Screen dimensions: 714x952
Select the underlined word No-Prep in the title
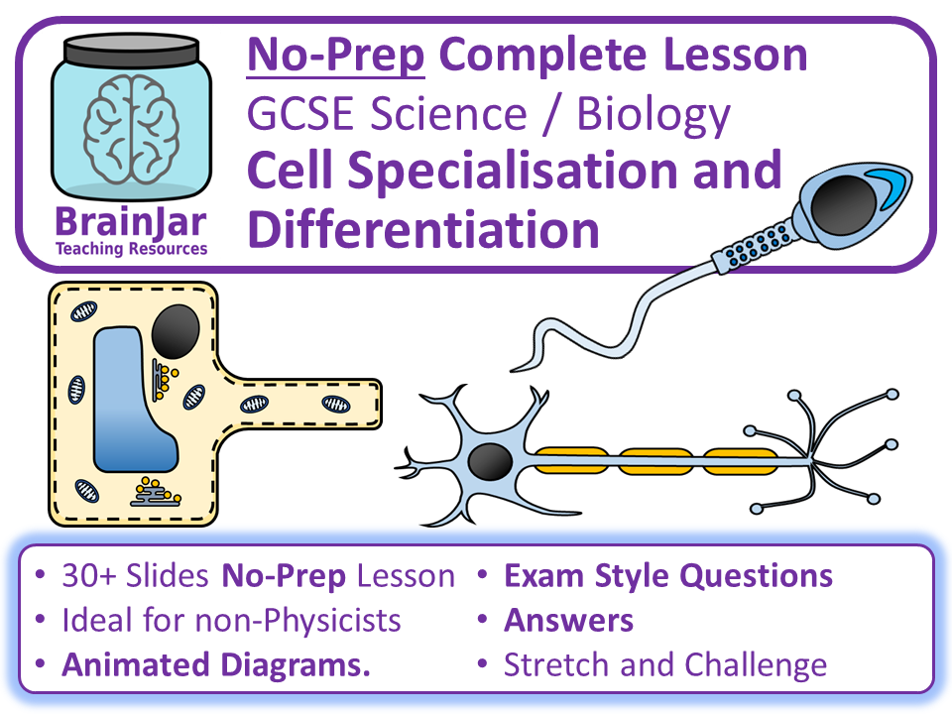coord(336,56)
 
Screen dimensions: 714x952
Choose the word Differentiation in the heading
coord(423,229)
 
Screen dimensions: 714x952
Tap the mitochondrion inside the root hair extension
coord(334,404)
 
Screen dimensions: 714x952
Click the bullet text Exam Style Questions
coord(667,575)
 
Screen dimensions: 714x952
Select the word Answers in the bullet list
coord(568,621)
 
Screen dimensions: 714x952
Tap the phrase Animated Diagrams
coord(216,665)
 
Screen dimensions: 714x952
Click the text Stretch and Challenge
coord(664,665)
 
